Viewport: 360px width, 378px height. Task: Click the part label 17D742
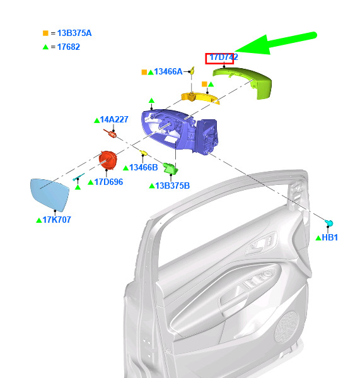click(224, 57)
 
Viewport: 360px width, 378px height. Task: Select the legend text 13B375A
click(74, 33)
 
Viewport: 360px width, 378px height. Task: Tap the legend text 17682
click(69, 47)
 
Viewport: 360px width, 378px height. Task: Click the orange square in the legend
click(45, 33)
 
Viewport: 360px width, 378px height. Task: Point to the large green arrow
click(274, 44)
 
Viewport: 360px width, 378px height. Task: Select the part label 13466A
click(168, 71)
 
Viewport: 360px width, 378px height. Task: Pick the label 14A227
click(114, 119)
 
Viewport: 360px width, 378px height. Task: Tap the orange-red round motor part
click(108, 160)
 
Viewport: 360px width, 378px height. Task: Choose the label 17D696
click(108, 182)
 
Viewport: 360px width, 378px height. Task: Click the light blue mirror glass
click(50, 194)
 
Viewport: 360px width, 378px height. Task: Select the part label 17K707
click(57, 220)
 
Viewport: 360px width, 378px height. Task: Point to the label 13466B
click(144, 168)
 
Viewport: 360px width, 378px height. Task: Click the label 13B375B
click(172, 186)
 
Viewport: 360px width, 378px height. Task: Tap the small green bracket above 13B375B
click(170, 168)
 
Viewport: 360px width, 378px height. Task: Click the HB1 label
click(330, 238)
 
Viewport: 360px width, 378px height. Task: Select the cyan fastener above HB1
click(329, 223)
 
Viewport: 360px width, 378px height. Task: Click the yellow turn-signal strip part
click(200, 98)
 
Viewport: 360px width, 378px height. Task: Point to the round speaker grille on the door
click(287, 327)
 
